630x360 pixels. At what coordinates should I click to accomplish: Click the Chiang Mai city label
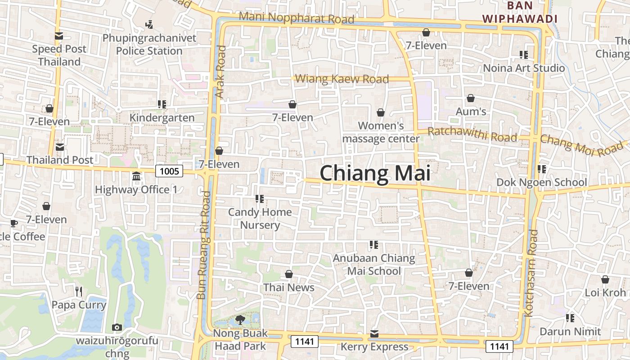pyautogui.click(x=374, y=173)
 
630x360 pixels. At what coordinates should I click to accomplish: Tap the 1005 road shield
pyautogui.click(x=170, y=171)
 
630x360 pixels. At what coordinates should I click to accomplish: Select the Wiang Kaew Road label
pyautogui.click(x=342, y=79)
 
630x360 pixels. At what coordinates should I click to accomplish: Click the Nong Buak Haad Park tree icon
pyautogui.click(x=240, y=320)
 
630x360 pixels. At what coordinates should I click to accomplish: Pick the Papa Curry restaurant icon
pyautogui.click(x=79, y=292)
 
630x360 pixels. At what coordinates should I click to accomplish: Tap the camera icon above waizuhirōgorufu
pyautogui.click(x=117, y=327)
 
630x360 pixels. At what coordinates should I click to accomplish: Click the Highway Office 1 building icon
pyautogui.click(x=136, y=176)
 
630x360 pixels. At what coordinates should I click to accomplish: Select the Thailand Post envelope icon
pyautogui.click(x=59, y=147)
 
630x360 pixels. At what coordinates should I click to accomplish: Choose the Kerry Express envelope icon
pyautogui.click(x=374, y=333)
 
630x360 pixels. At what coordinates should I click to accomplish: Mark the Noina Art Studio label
pyautogui.click(x=524, y=68)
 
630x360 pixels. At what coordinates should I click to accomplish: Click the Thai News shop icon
pyautogui.click(x=289, y=274)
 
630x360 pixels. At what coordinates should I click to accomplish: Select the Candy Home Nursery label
pyautogui.click(x=260, y=218)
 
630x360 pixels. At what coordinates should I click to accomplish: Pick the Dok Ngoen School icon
pyautogui.click(x=542, y=169)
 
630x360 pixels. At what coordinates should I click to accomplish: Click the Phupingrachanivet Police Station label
pyautogui.click(x=149, y=44)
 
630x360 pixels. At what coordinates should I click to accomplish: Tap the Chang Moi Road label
pyautogui.click(x=582, y=145)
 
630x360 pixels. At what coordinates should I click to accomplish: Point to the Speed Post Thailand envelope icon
pyautogui.click(x=59, y=36)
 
